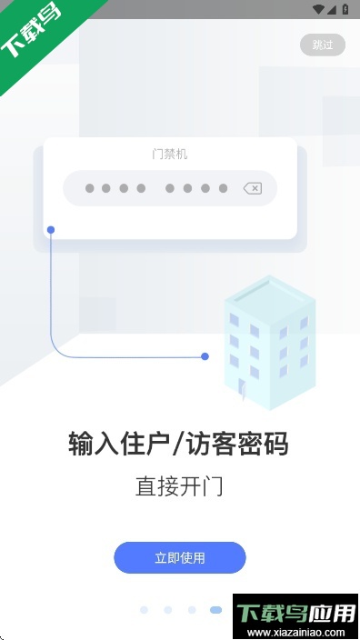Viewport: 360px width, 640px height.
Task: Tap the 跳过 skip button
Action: coord(323,45)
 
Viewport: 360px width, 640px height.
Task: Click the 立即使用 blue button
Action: coord(179,557)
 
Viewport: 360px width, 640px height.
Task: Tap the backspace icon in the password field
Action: coord(253,188)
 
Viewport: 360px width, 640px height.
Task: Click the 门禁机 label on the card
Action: coord(170,155)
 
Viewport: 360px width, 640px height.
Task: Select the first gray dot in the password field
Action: coord(89,188)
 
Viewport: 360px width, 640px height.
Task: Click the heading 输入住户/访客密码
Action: coord(179,445)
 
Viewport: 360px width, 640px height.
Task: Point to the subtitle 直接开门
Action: coord(179,486)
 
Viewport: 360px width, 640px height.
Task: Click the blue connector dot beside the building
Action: coord(205,356)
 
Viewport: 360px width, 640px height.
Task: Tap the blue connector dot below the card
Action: coord(51,229)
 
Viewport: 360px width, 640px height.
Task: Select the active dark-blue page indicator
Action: coord(215,610)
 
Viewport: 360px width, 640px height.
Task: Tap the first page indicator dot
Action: coord(144,610)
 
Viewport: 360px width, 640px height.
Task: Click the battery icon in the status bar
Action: coord(345,9)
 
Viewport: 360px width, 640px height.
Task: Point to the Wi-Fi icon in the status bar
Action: coord(317,9)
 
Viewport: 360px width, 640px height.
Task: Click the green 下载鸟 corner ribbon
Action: coord(35,35)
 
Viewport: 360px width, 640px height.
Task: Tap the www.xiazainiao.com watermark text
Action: coord(296,633)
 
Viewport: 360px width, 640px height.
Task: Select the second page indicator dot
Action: coord(167,610)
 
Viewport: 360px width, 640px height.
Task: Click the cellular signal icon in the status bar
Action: coord(332,9)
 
